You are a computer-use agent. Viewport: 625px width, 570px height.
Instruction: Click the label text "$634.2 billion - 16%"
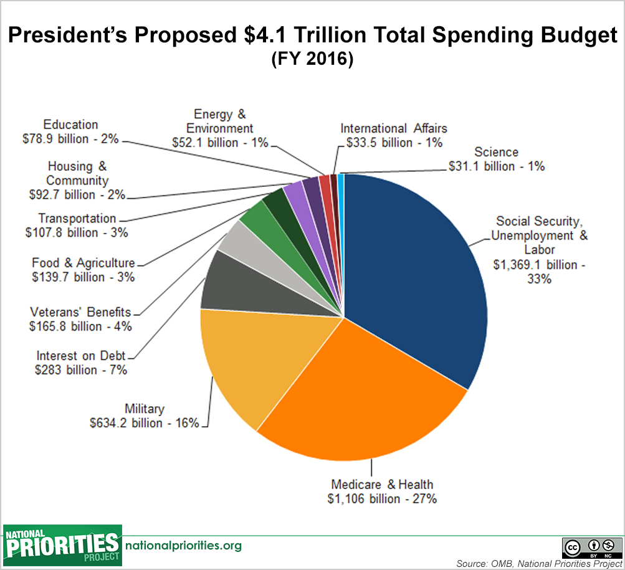coord(145,423)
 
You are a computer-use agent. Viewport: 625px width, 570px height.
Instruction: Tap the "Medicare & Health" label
coord(382,484)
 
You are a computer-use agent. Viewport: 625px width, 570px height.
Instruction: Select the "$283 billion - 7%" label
coord(81,370)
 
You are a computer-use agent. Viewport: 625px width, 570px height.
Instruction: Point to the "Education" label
coord(70,125)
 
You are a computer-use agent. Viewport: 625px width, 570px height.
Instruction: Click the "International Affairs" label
coord(393,128)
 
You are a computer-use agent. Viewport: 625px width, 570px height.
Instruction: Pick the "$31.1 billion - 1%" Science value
coord(497,166)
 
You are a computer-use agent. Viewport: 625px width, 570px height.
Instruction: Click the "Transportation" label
coord(77,218)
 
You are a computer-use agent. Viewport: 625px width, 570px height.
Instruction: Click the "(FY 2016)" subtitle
coord(312,60)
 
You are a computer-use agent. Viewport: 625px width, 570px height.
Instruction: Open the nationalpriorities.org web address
coord(183,546)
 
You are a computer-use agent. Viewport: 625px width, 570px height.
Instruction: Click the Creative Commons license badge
coord(591,547)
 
